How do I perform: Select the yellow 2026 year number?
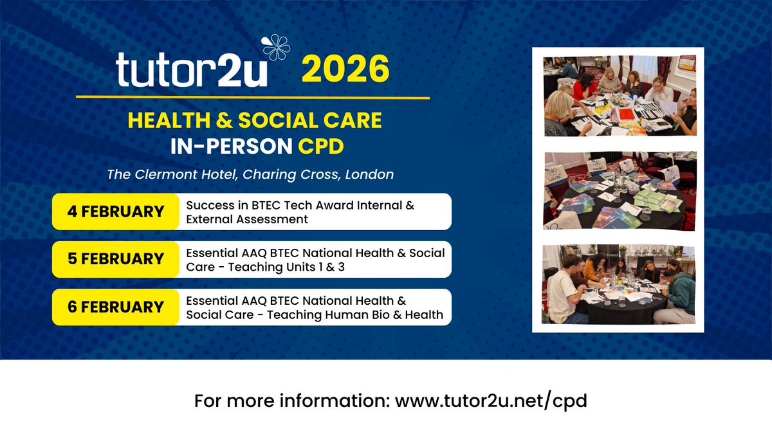(346, 70)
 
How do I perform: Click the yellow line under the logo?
(252, 98)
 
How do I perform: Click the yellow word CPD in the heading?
(320, 145)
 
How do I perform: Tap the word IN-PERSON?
(230, 145)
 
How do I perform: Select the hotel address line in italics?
(252, 174)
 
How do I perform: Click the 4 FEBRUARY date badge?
(115, 212)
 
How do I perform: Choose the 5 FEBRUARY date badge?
(115, 259)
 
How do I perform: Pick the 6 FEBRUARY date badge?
(115, 307)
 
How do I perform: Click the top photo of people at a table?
(620, 95)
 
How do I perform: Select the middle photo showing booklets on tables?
(620, 190)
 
